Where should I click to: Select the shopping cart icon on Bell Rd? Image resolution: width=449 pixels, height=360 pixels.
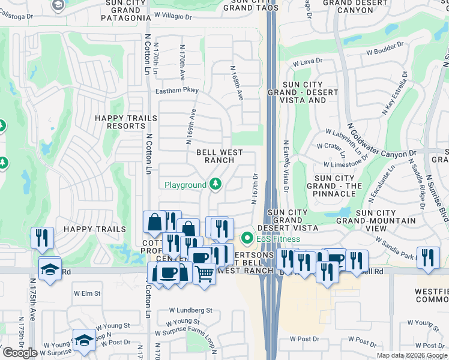coord(205,275)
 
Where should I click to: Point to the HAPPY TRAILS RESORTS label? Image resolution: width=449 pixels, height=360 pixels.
coord(120,122)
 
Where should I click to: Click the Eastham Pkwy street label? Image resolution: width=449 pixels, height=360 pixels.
coord(178,91)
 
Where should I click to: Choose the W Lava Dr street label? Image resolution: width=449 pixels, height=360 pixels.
coord(308,61)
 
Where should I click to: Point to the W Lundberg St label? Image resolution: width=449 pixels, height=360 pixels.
coord(190,310)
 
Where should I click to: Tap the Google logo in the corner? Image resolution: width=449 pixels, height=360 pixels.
coord(20,352)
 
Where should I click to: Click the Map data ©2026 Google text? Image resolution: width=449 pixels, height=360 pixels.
coord(412,355)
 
